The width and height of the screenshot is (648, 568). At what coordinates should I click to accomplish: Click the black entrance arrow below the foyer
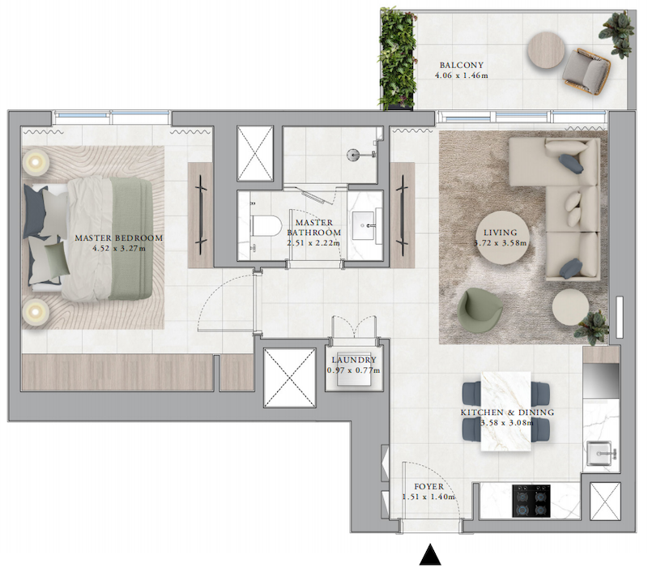tap(430, 556)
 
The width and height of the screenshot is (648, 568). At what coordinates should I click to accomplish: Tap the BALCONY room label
tap(461, 65)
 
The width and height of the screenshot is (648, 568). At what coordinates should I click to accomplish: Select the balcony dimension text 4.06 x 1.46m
tap(461, 75)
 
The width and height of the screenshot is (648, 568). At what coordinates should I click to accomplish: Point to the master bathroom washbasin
tap(364, 226)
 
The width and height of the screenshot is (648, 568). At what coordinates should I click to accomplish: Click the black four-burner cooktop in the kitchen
tap(531, 501)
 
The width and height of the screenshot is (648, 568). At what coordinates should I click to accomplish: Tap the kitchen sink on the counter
tap(600, 453)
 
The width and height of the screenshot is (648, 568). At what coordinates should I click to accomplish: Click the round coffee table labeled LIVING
tap(500, 237)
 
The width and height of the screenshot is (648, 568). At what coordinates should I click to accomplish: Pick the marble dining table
tap(505, 411)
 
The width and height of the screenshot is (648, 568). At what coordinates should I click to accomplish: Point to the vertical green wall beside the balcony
tap(397, 58)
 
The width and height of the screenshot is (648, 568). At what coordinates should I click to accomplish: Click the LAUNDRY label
tap(354, 360)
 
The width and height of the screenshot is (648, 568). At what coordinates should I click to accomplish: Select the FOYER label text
tap(429, 486)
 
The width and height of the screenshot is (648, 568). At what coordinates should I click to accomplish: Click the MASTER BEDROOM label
tap(118, 237)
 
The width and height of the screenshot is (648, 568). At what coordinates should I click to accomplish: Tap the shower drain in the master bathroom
tap(352, 154)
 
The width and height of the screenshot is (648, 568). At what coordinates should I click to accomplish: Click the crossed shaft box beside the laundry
tap(289, 378)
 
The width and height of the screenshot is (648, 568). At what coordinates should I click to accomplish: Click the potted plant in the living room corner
tap(593, 327)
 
